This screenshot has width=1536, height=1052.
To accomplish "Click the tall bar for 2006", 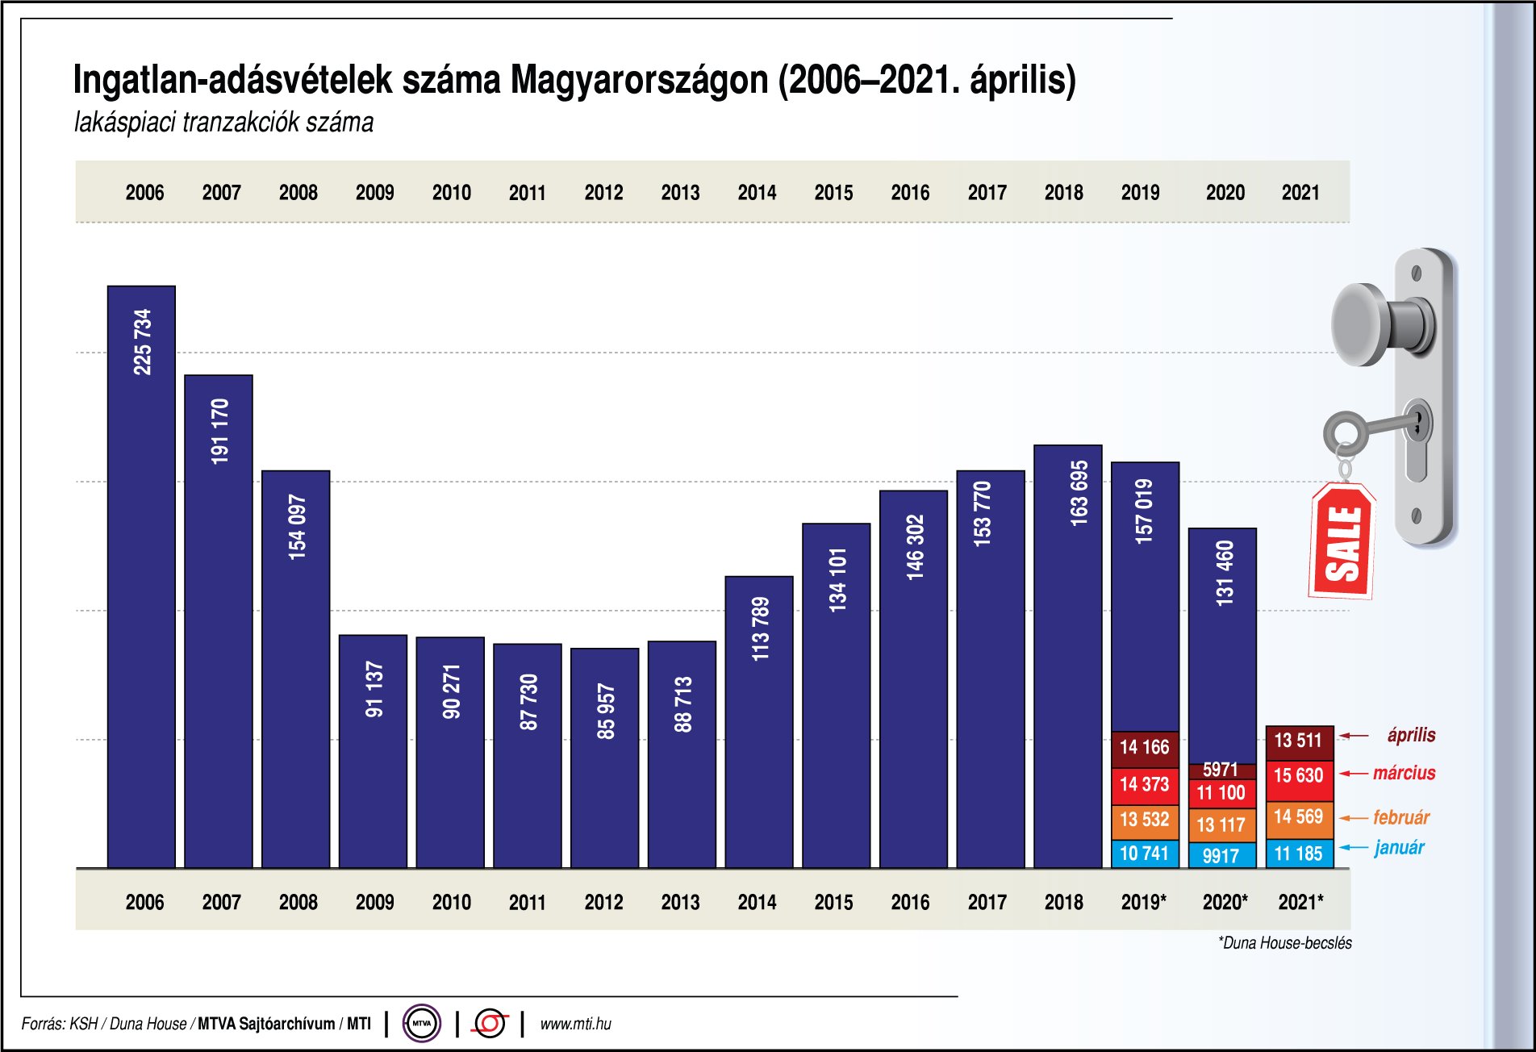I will pyautogui.click(x=141, y=577).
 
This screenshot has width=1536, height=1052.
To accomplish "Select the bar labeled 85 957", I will pyautogui.click(x=605, y=758).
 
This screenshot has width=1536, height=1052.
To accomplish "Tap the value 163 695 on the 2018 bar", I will pyautogui.click(x=1079, y=494).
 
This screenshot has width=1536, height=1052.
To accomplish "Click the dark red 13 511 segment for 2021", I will pyautogui.click(x=1298, y=741).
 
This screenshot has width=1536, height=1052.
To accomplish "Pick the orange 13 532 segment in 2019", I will pyautogui.click(x=1144, y=820).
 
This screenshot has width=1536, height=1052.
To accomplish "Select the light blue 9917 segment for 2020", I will pyautogui.click(x=1221, y=855).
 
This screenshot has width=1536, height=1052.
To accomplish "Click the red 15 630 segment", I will pyautogui.click(x=1298, y=776).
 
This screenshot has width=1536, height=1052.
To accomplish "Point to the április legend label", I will pyautogui.click(x=1411, y=735).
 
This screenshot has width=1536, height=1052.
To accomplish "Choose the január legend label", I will pyautogui.click(x=1399, y=848).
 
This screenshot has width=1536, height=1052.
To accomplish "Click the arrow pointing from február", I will pyautogui.click(x=1353, y=818).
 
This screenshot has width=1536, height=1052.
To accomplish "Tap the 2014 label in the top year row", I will pyautogui.click(x=757, y=193).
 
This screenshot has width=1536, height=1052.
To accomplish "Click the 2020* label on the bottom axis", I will pyautogui.click(x=1225, y=902).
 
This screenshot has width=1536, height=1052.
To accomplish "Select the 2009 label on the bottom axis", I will pyautogui.click(x=374, y=902).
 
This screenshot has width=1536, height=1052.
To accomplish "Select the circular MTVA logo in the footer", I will pyautogui.click(x=421, y=1024).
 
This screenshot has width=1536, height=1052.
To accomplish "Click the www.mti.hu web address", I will pyautogui.click(x=575, y=1024).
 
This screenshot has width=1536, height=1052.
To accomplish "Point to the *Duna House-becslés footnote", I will pyautogui.click(x=1284, y=943).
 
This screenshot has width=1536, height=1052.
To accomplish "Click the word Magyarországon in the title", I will pyautogui.click(x=639, y=80).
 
